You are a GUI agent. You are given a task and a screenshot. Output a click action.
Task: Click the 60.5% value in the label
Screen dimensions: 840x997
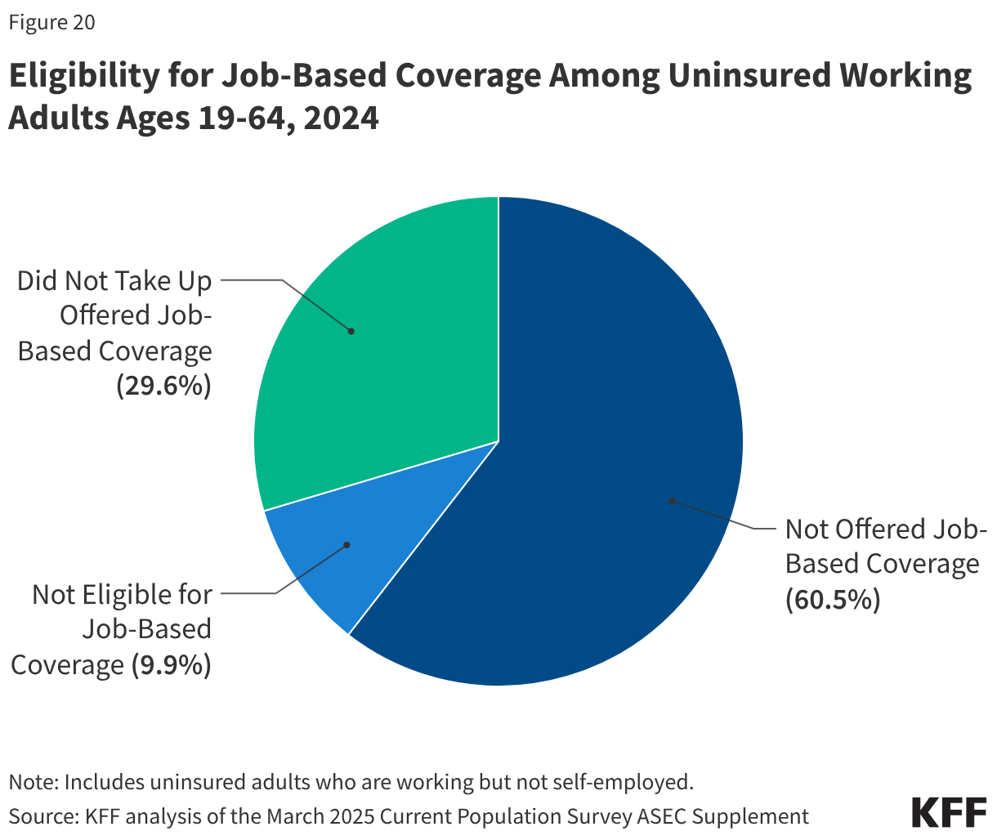tap(833, 601)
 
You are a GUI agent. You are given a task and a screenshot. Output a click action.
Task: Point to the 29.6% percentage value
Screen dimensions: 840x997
tap(163, 386)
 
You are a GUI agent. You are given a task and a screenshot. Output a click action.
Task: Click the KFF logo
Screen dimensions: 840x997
tap(949, 813)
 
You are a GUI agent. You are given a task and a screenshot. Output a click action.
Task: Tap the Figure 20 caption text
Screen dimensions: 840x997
tap(51, 23)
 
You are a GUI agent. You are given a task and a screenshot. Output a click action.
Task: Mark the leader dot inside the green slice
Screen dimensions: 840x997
tap(351, 331)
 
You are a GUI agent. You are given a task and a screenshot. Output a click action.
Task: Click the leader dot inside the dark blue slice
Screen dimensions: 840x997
tap(672, 500)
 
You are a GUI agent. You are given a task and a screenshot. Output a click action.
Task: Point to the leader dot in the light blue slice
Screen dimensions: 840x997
tap(346, 545)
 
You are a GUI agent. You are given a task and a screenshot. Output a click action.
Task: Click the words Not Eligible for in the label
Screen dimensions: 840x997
tap(122, 594)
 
